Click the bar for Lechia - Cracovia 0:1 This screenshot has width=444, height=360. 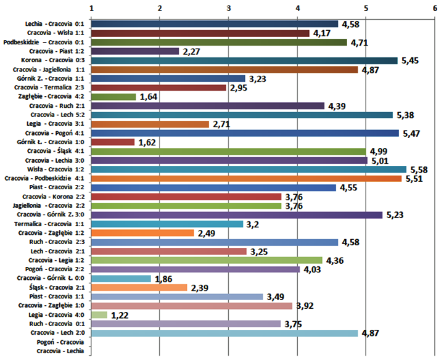coord(215,24)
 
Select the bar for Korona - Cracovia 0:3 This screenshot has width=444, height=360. coord(244,60)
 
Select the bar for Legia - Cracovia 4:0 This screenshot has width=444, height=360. coord(99,315)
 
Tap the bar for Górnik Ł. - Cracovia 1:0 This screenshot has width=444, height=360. coord(113,142)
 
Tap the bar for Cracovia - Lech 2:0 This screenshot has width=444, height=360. coord(224,333)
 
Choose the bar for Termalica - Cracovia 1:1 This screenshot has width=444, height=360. coord(167,224)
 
